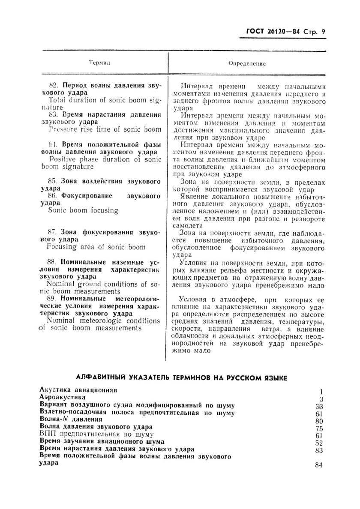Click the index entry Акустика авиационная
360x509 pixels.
tap(78, 390)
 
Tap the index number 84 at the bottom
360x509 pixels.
tap(318, 465)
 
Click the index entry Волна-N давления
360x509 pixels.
tap(71, 420)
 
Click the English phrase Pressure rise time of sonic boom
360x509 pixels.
tap(105, 129)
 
